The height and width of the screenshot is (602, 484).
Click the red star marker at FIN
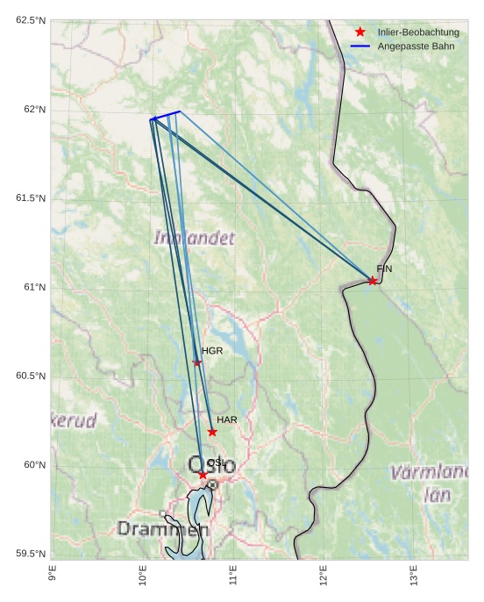pos(373,281)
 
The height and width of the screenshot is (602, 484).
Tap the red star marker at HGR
pos(197,362)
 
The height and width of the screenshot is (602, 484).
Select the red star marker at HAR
pos(212,432)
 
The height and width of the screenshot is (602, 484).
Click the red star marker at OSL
pos(203,475)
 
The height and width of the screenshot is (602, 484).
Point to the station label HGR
pos(212,351)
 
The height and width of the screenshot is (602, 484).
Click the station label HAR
pos(227,420)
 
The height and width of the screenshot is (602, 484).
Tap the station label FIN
pos(384,269)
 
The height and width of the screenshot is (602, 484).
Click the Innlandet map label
pos(195,238)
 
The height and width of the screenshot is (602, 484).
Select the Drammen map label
pos(163,529)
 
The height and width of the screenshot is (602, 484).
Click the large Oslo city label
pos(212,464)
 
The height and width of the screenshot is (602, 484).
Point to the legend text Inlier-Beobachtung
pos(418,32)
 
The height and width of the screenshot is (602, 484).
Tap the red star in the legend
pos(359,32)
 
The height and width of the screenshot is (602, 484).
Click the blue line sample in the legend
pos(359,45)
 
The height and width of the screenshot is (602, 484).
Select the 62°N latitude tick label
pos(32,110)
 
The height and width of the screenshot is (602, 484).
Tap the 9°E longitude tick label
pos(52,576)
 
